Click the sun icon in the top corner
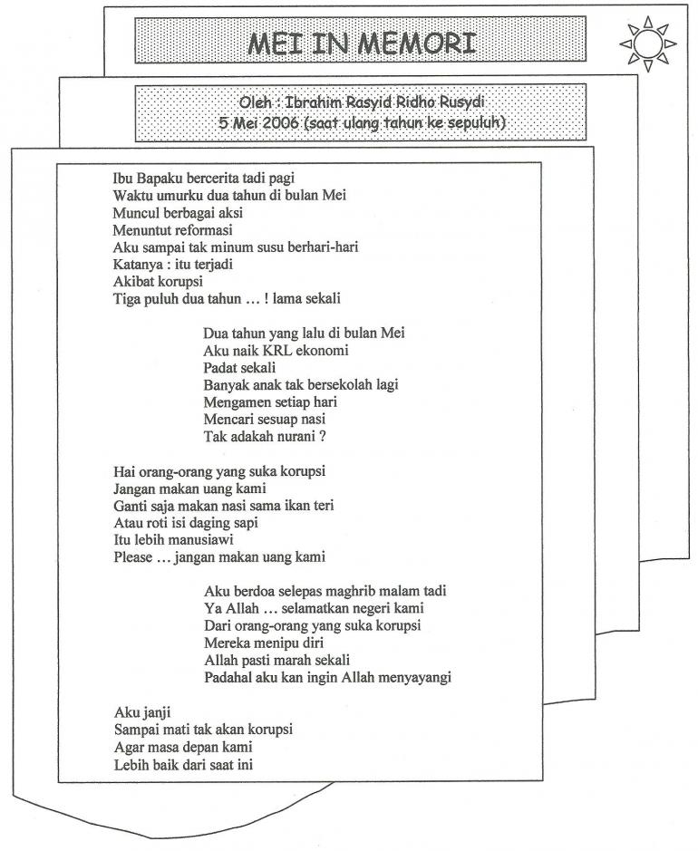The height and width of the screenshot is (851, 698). pos(647,43)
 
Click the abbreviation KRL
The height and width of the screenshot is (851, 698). pos(276,350)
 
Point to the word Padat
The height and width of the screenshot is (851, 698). pos(220,367)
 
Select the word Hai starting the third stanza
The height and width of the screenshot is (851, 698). pos(124,470)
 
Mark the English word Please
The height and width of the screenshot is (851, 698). pos(132,556)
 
